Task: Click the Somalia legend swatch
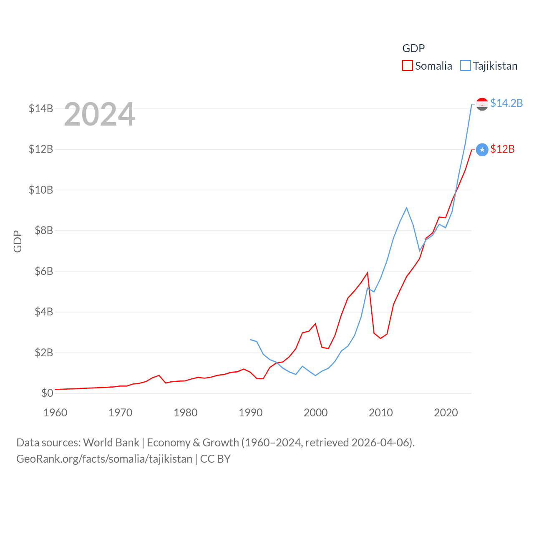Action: coord(407,66)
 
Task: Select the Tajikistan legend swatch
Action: coord(465,66)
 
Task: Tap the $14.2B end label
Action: coord(506,103)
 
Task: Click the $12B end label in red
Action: coord(502,149)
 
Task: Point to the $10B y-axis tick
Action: coord(41,190)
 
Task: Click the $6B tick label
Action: coord(41,271)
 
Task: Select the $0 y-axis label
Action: coord(47,393)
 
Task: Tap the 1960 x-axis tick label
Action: coord(55,413)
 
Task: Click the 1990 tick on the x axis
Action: coord(251,413)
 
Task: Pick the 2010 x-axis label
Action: coord(381,413)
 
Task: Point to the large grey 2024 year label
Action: coord(100,114)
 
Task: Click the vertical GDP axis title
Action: coord(18,241)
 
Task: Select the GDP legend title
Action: coord(413,48)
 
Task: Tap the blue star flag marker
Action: coord(482,149)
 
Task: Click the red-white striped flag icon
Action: coord(482,104)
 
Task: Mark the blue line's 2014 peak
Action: coord(406,208)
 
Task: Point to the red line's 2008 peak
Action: coord(367,273)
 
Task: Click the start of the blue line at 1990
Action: coord(251,340)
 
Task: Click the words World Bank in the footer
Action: coord(111,442)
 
